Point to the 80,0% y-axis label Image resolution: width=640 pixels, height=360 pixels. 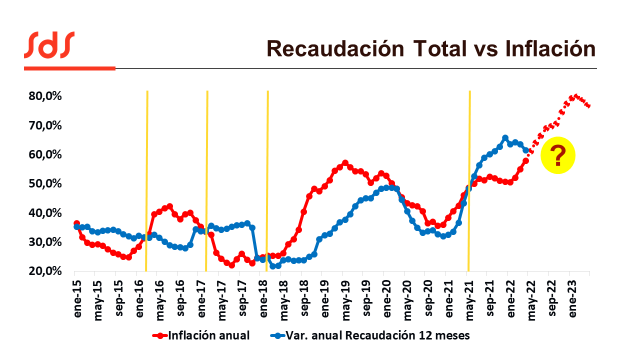click(47, 96)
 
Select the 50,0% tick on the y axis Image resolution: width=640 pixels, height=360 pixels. click(47, 184)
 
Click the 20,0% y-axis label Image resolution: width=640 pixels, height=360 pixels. click(47, 271)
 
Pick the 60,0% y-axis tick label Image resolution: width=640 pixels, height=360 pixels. click(47, 155)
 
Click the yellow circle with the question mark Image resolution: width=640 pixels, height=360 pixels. click(558, 155)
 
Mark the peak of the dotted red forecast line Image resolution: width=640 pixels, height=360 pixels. click(576, 96)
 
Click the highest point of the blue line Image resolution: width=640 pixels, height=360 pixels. click(506, 138)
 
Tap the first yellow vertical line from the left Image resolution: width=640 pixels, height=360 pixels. click(147, 180)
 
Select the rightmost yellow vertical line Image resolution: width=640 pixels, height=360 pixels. click(470, 180)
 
